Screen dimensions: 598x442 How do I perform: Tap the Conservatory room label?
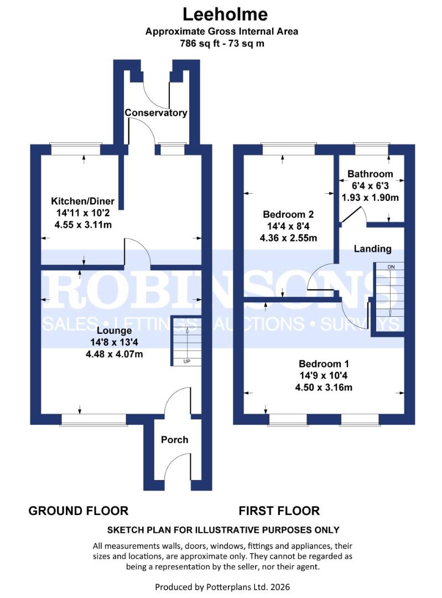(x=155, y=113)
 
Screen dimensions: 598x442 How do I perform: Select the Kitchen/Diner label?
(x=82, y=200)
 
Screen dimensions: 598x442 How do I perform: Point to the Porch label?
(x=174, y=440)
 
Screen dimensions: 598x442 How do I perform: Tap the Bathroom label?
(x=370, y=174)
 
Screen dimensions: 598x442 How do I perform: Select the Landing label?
(x=372, y=249)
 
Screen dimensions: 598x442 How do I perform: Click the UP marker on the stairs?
(x=188, y=362)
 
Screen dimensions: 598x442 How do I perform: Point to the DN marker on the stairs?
(x=391, y=267)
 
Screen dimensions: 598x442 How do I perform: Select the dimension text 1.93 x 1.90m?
(x=370, y=198)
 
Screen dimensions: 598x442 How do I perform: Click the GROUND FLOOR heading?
(x=78, y=511)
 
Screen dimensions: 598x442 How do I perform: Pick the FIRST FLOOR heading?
(x=279, y=511)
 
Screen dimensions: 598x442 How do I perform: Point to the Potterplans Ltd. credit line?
(x=222, y=586)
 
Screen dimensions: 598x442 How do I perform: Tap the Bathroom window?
(x=371, y=148)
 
